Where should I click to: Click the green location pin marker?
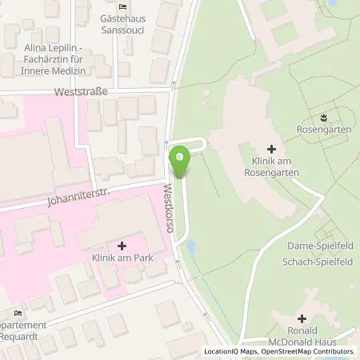point(181,162)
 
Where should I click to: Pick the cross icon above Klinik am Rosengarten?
point(271,148)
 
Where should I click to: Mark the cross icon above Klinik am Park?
point(122,245)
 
